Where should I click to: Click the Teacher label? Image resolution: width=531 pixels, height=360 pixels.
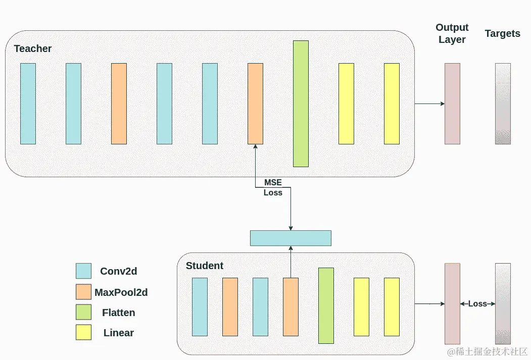pos(33,48)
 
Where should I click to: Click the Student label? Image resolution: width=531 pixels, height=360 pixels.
pos(205,266)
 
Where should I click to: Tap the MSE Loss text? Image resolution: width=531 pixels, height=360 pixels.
pos(273,187)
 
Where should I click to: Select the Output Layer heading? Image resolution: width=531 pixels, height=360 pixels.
pos(452,33)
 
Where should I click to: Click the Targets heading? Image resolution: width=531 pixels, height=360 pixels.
pos(502,34)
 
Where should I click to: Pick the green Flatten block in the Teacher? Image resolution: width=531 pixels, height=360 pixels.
pos(301,104)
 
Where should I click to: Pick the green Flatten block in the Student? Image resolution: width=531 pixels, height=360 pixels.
pos(326,305)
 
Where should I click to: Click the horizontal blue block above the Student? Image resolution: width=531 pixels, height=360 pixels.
pos(291,238)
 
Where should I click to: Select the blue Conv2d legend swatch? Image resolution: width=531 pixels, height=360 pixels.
pos(83,271)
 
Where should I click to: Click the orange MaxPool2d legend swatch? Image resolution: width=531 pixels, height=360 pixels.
pos(83,292)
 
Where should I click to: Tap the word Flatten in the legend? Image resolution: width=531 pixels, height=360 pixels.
pos(119,313)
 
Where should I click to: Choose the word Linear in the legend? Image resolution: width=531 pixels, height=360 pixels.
pos(119,333)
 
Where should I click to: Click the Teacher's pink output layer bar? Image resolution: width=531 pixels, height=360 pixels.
pos(452,104)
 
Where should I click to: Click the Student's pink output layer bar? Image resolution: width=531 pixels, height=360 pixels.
pos(452,303)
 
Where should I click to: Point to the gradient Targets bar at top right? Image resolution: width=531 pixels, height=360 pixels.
pos(503,104)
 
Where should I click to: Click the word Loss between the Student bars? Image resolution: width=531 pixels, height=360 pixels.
pos(477,303)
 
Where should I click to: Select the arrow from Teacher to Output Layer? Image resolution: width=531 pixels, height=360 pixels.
pos(429,104)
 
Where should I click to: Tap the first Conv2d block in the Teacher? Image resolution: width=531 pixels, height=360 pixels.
pos(28,104)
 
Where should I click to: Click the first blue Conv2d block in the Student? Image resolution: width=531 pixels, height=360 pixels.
pos(200,306)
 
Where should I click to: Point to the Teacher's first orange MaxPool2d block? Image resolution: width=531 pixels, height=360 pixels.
pos(119,104)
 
